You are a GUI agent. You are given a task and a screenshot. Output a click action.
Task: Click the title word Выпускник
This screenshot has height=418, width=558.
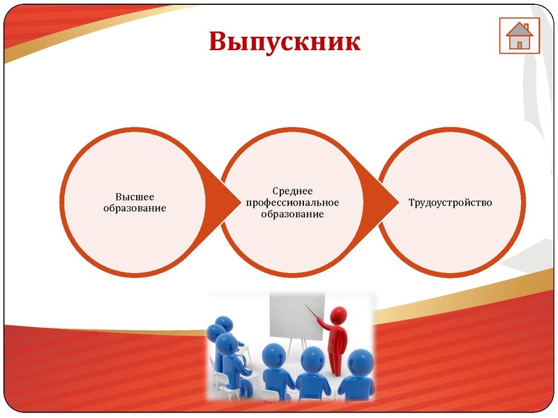coord(284,42)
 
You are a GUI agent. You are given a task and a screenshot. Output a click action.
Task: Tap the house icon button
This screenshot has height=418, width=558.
coord(519,36)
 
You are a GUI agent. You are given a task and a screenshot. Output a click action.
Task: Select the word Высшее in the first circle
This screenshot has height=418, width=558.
coord(134,196)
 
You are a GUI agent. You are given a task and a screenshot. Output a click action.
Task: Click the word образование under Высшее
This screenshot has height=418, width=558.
coord(134,208)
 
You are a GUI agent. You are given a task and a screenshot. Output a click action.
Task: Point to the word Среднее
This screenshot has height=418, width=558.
coord(292,191)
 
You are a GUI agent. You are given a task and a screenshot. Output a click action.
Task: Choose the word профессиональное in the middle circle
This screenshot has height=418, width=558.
coord(292,202)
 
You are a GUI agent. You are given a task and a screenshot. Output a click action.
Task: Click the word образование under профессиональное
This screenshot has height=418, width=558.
coord(292,213)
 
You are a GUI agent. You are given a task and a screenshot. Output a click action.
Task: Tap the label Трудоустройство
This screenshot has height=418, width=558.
coord(450,202)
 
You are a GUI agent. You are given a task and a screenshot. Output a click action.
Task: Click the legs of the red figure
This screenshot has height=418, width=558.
coord(337,363)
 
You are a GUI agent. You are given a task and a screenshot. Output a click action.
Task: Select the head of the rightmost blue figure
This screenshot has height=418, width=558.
coord(360,361)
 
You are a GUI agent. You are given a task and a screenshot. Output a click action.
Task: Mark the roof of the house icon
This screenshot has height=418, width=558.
coord(519,29)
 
